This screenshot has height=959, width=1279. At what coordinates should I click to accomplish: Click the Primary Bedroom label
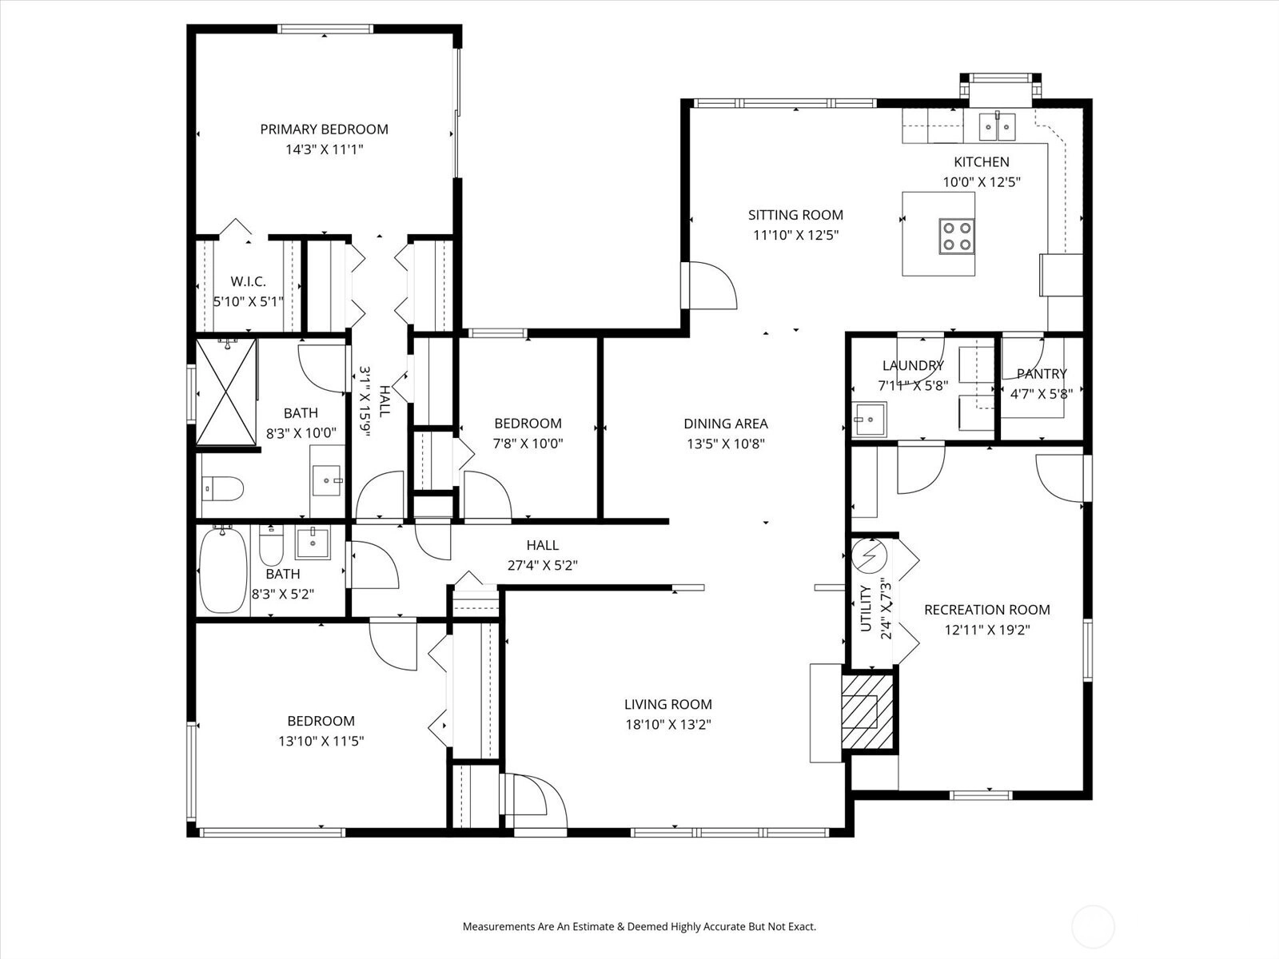(x=324, y=129)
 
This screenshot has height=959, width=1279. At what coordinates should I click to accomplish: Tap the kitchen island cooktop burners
(x=957, y=237)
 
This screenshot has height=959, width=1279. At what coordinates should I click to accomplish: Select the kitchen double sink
(x=997, y=126)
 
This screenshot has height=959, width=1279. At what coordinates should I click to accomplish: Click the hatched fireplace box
(x=867, y=711)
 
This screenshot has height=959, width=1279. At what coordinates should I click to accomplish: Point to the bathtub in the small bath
(x=223, y=569)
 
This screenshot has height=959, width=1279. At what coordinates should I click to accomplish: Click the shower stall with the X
(x=226, y=392)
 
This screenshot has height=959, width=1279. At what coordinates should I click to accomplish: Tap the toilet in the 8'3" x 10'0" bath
(x=222, y=488)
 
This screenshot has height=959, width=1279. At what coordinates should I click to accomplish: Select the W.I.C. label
(x=249, y=282)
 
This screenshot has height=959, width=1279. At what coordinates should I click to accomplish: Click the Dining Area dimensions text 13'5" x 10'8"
(x=726, y=444)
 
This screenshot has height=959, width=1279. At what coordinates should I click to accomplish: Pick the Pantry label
(x=1042, y=374)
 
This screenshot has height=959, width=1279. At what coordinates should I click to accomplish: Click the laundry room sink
(x=869, y=420)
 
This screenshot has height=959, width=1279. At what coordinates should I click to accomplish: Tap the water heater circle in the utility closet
(x=869, y=556)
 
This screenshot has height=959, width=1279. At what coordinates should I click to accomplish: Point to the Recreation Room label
(x=987, y=610)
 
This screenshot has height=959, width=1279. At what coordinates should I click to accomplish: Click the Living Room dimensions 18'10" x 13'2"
(x=668, y=724)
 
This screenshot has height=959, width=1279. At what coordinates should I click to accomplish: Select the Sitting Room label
(x=795, y=215)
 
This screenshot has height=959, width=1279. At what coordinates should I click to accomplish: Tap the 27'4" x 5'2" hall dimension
(x=543, y=565)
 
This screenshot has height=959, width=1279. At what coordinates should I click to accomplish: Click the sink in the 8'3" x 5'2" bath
(x=313, y=543)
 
